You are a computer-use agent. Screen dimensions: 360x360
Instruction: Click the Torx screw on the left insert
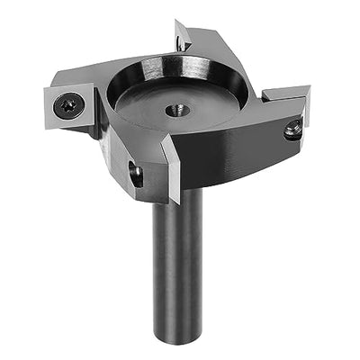click(x=68, y=106)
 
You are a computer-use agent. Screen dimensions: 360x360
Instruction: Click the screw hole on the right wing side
click(x=292, y=131)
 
